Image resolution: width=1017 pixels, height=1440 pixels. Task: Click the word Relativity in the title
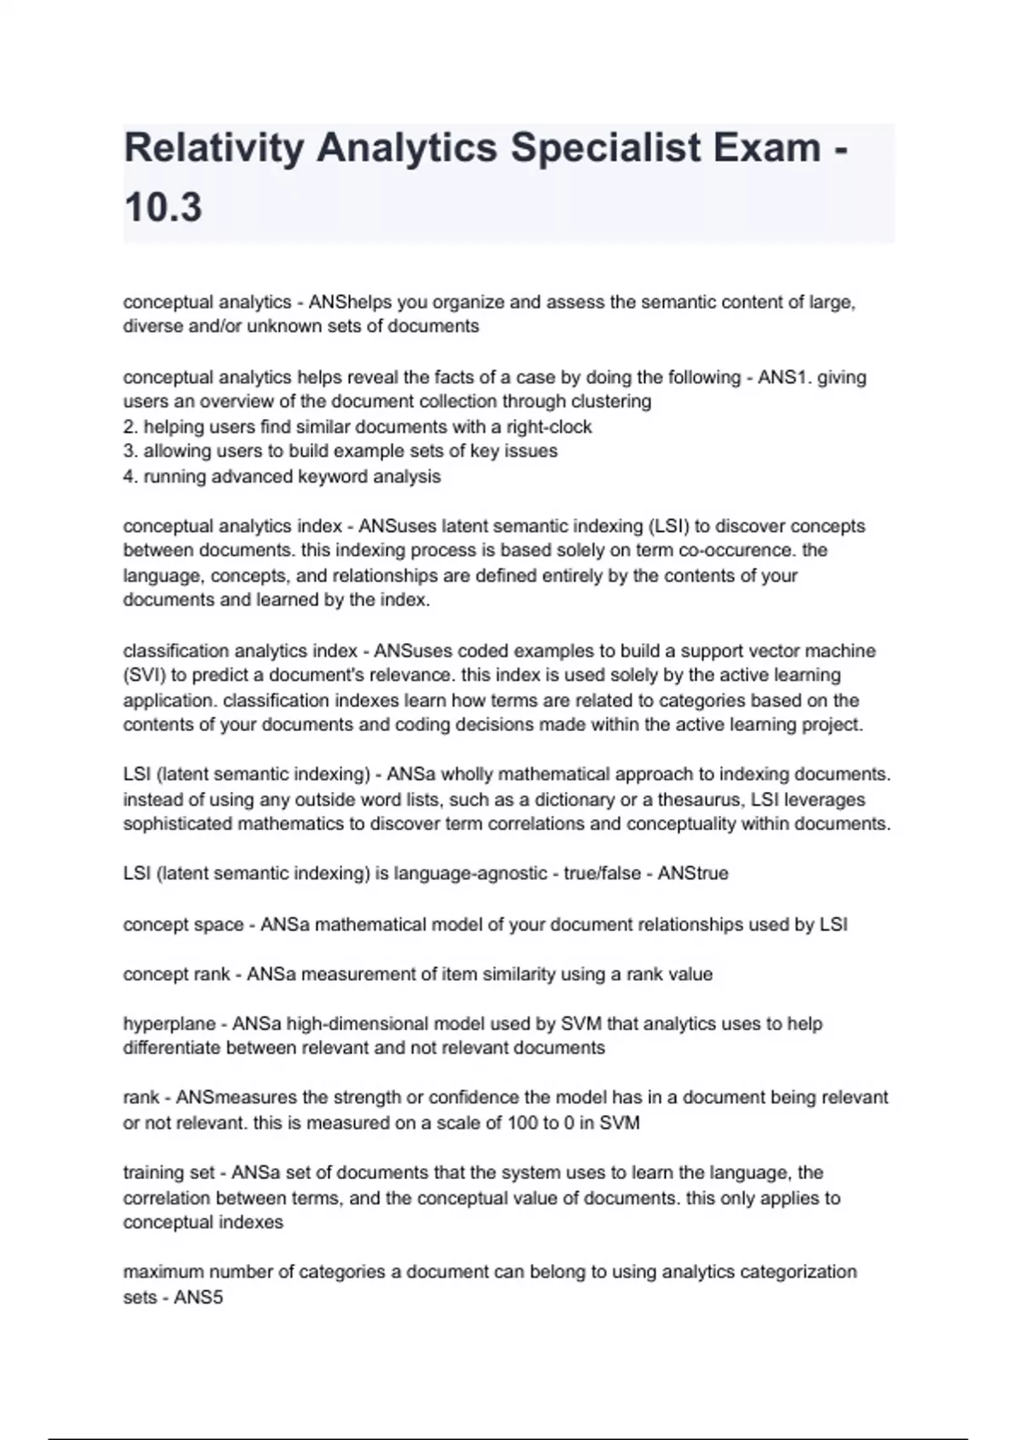click(x=214, y=149)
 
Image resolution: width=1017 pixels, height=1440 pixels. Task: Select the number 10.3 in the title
click(x=163, y=208)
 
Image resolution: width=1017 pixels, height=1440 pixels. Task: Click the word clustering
click(x=608, y=402)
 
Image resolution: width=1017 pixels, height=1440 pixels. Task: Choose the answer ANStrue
click(x=692, y=873)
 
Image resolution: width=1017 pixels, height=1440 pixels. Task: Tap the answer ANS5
click(x=198, y=1298)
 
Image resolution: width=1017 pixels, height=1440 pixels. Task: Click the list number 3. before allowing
click(x=131, y=451)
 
